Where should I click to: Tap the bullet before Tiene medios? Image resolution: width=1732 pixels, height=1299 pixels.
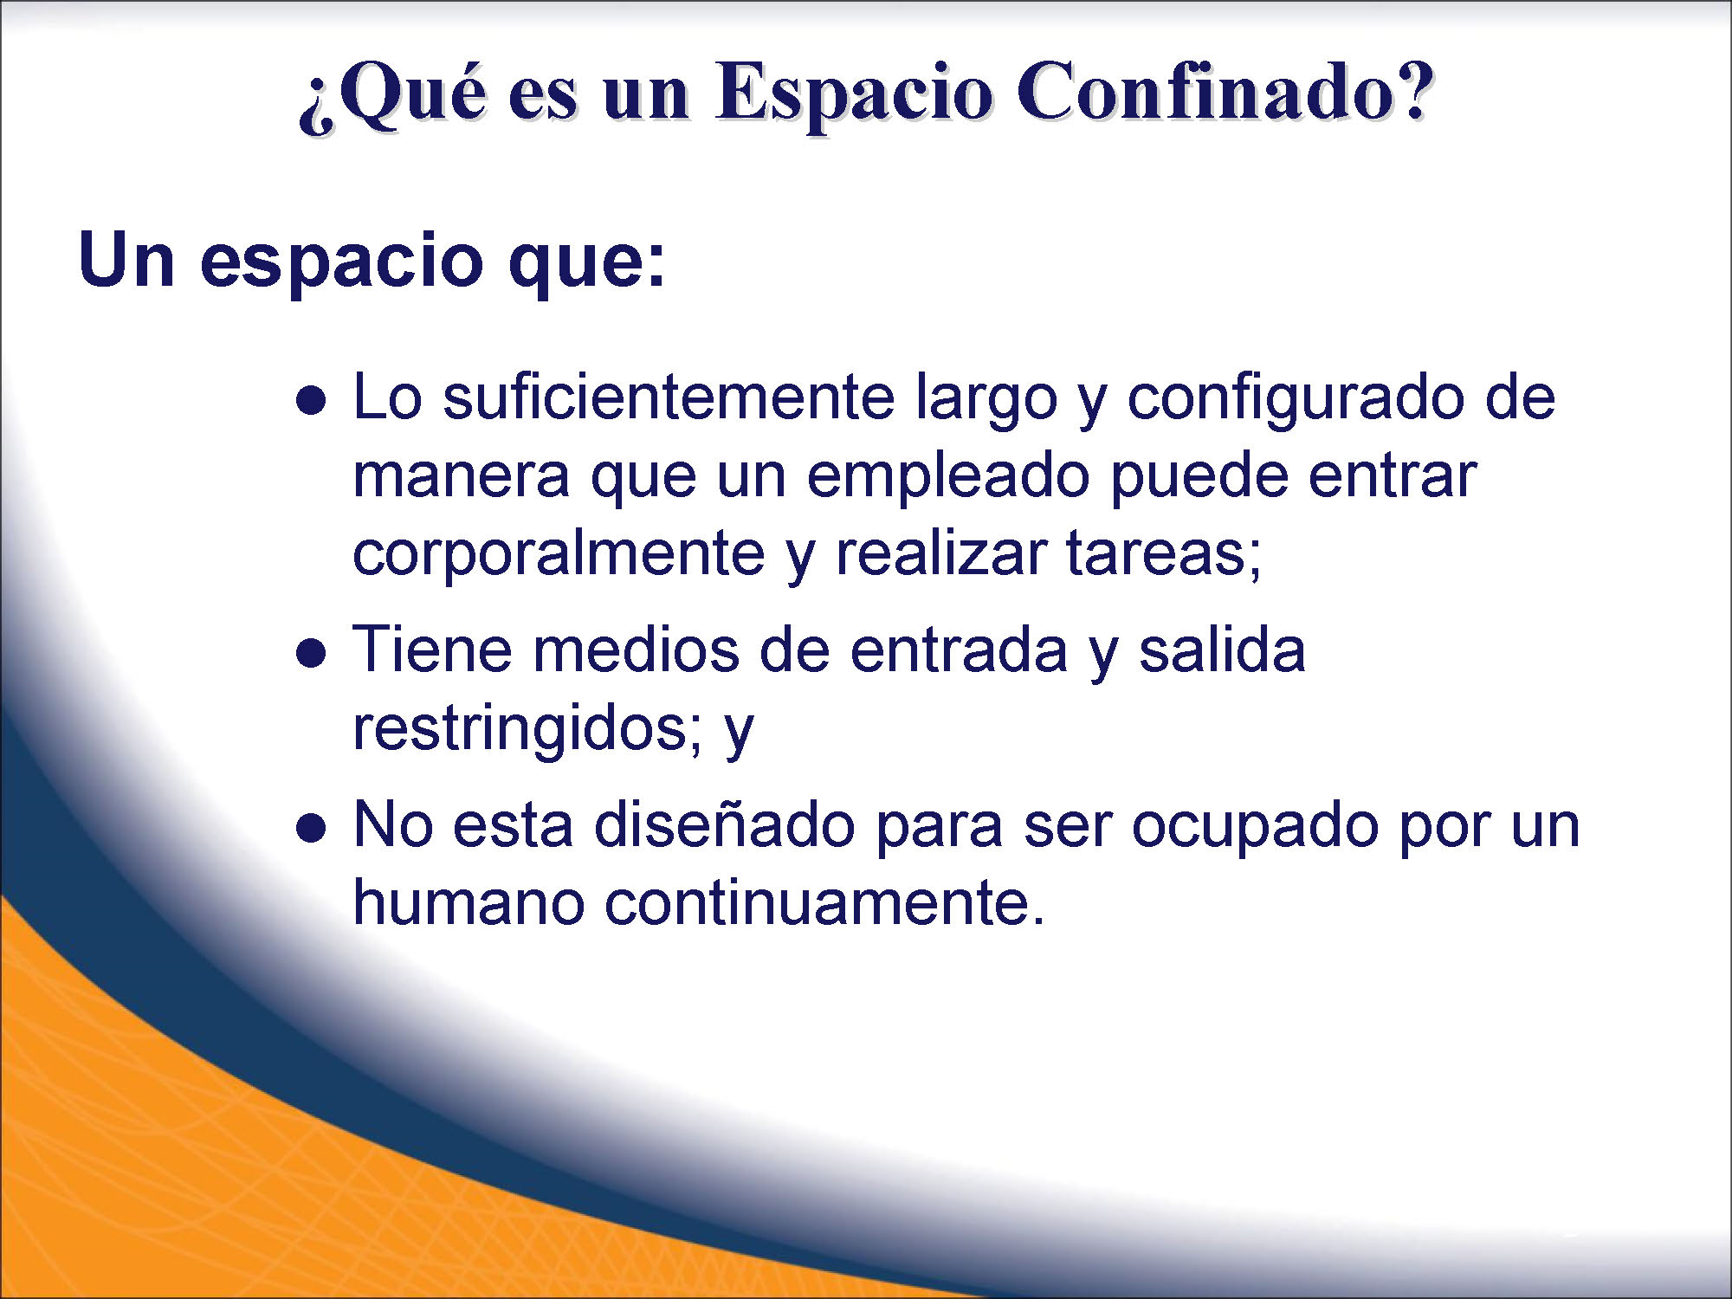point(311,653)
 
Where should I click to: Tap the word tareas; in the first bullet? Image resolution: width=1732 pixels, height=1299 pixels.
point(1163,554)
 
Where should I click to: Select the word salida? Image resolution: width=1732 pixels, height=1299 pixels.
point(1222,649)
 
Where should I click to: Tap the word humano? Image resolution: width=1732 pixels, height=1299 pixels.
point(469,902)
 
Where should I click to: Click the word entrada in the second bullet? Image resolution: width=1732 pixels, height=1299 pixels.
point(959,649)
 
